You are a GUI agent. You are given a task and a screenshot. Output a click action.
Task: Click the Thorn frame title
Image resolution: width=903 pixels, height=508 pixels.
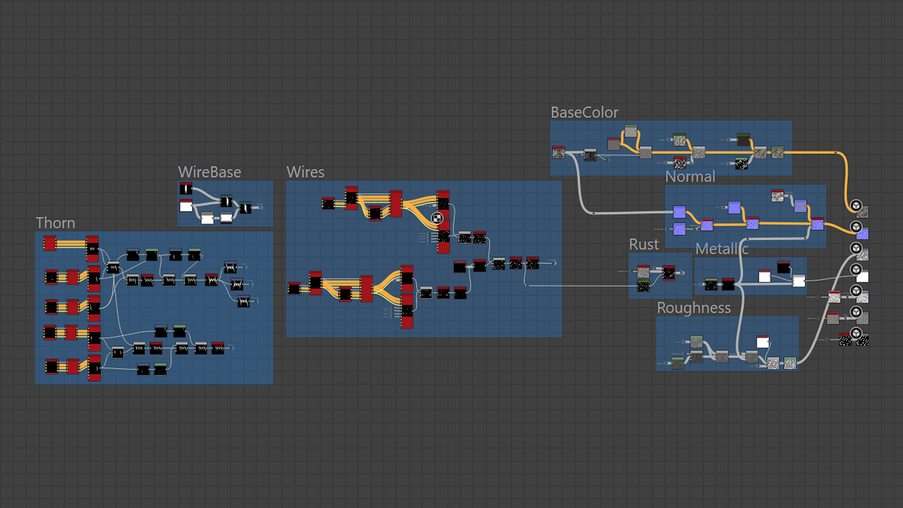tap(55, 223)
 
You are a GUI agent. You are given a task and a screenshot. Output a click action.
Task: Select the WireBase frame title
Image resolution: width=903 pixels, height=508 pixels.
tap(209, 172)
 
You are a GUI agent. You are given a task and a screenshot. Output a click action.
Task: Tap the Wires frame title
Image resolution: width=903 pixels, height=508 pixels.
tap(305, 172)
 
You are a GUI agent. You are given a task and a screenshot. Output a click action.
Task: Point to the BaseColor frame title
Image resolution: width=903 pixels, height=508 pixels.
tap(584, 113)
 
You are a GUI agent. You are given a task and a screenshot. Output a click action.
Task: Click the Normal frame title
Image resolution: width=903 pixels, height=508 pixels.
tap(690, 177)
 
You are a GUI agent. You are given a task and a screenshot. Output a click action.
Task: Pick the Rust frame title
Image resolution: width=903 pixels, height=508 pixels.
tap(644, 244)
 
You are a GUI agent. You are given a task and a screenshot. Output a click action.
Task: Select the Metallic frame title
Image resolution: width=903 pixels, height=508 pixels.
tap(722, 249)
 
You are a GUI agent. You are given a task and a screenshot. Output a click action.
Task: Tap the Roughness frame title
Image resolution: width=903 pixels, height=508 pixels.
tap(694, 308)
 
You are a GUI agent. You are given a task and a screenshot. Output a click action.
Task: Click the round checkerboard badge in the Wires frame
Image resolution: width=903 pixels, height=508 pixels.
tap(438, 218)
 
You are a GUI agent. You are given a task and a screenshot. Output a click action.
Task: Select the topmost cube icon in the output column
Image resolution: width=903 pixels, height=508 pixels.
tap(856, 206)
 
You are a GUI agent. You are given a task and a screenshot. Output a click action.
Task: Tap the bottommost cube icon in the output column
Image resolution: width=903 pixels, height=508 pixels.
tap(856, 333)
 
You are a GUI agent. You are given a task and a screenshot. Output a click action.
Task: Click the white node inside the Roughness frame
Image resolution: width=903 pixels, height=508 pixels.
tap(763, 342)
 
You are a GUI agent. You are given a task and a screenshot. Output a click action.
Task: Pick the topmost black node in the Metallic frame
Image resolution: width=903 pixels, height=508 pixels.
tap(783, 267)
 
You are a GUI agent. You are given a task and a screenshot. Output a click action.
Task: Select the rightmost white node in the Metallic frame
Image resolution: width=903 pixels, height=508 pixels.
tap(799, 281)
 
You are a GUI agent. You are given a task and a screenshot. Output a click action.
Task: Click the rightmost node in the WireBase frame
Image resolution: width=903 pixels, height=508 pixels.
tap(246, 208)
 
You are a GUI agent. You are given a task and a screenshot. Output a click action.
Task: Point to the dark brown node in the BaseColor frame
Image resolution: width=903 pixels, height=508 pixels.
tap(743, 140)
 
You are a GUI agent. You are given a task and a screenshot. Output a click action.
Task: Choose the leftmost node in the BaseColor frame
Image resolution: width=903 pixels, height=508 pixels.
tap(559, 153)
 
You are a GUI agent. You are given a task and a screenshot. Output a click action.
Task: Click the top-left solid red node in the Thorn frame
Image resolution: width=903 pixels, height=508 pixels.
tap(50, 243)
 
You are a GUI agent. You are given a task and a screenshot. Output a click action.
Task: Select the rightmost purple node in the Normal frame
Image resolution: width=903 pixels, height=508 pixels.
tap(818, 224)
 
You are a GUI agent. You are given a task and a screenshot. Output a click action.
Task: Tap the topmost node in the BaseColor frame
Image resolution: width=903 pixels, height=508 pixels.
tap(631, 131)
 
